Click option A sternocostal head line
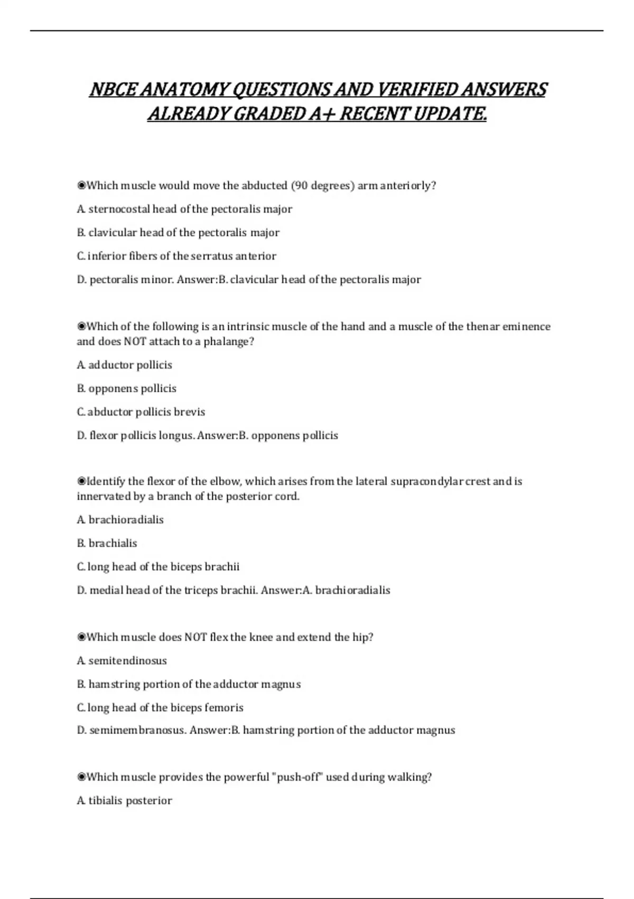(184, 209)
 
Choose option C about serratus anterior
(176, 256)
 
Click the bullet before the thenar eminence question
(81, 327)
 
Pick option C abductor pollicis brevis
(141, 412)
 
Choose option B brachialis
(107, 543)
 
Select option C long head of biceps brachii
(158, 567)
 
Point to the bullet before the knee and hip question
(81, 637)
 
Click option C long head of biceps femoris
(160, 708)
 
